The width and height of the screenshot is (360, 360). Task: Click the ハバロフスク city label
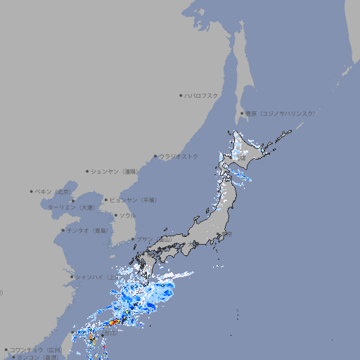202,95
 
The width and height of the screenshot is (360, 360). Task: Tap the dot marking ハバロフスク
181,95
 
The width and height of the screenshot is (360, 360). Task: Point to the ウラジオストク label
179,156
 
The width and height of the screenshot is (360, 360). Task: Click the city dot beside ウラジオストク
156,156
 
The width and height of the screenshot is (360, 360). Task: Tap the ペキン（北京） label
53,191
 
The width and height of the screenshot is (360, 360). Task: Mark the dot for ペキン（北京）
32,191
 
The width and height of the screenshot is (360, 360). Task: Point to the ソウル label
127,215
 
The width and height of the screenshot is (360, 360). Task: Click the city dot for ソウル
115,215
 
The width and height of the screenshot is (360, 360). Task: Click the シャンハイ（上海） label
98,276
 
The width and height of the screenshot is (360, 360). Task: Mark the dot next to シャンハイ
72,276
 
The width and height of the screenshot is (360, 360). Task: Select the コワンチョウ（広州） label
35,349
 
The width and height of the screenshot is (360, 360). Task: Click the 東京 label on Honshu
226,235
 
